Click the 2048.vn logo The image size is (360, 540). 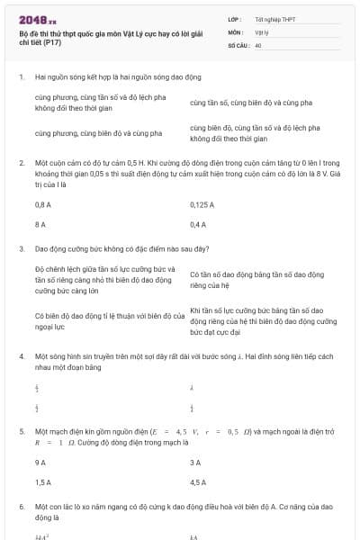click(37, 19)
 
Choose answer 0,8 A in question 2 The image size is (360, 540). click(42, 204)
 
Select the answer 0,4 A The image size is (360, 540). click(198, 224)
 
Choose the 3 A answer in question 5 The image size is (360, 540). click(195, 462)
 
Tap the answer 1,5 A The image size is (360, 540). click(42, 481)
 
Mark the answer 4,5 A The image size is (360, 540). click(198, 481)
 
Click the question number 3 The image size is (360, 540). click(22, 247)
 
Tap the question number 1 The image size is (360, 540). click(22, 77)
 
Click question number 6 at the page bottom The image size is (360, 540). click(22, 508)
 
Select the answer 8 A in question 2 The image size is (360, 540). click(40, 224)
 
